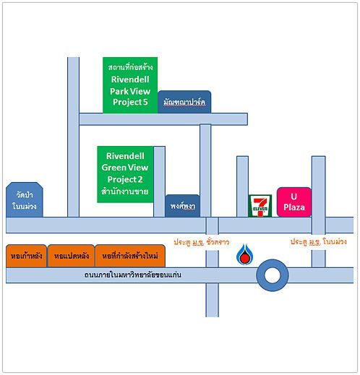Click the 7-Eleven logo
[x=260, y=206]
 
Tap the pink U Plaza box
[x=294, y=202]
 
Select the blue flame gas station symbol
[x=244, y=254]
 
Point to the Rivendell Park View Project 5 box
[x=130, y=85]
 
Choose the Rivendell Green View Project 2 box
[x=125, y=174]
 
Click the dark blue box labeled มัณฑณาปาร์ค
[x=184, y=102]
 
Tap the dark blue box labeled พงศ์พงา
[x=182, y=206]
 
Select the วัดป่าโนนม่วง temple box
[x=25, y=200]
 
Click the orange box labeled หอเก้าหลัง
[x=26, y=256]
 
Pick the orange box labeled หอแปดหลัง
[x=71, y=256]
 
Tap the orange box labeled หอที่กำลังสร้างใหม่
[x=130, y=256]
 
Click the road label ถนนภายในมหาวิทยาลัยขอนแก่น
[x=133, y=275]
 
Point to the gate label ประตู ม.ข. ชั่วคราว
[x=201, y=242]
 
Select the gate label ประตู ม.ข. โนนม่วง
[x=319, y=242]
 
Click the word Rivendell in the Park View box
[x=130, y=79]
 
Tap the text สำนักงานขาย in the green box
[x=125, y=191]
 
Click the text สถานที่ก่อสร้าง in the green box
[x=130, y=67]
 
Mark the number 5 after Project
[x=145, y=102]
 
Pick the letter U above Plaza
[x=293, y=197]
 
